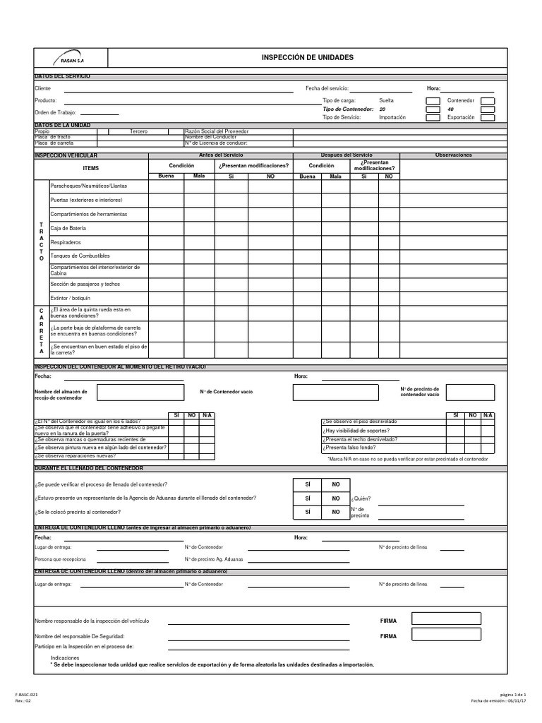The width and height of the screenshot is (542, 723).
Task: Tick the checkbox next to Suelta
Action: coord(432,101)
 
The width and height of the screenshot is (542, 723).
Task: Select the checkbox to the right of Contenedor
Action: coord(487,101)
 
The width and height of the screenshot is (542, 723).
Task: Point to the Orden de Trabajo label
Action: coord(55,113)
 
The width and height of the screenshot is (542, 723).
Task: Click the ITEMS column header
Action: coord(91,168)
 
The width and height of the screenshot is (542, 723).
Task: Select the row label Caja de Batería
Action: coord(68,228)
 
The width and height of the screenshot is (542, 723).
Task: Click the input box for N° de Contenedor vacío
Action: coord(335,393)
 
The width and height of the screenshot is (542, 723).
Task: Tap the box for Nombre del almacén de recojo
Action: coord(142,393)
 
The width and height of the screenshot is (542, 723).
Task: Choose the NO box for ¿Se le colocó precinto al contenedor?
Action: coord(336,512)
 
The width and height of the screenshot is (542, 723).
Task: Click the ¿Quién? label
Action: coord(360,498)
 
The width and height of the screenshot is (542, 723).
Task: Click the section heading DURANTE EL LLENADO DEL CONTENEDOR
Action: coord(89,468)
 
